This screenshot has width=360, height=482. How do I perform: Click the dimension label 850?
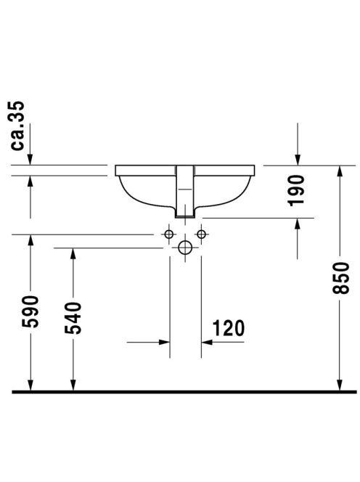341,278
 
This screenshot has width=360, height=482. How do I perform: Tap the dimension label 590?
30,311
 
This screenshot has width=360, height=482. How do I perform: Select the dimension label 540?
73,318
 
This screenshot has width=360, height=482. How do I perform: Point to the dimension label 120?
229,328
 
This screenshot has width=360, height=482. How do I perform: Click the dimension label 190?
297,190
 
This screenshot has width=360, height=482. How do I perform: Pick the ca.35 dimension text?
17,126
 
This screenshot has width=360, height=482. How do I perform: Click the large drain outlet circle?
185,248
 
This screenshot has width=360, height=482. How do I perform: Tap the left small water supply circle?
169,234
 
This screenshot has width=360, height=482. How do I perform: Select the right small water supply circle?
201,234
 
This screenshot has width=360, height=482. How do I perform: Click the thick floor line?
184,392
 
